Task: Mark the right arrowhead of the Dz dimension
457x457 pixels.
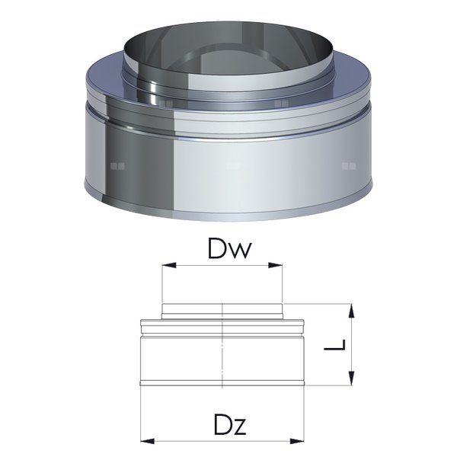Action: [x=299, y=440]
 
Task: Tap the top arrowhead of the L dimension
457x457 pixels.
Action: [x=350, y=308]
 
